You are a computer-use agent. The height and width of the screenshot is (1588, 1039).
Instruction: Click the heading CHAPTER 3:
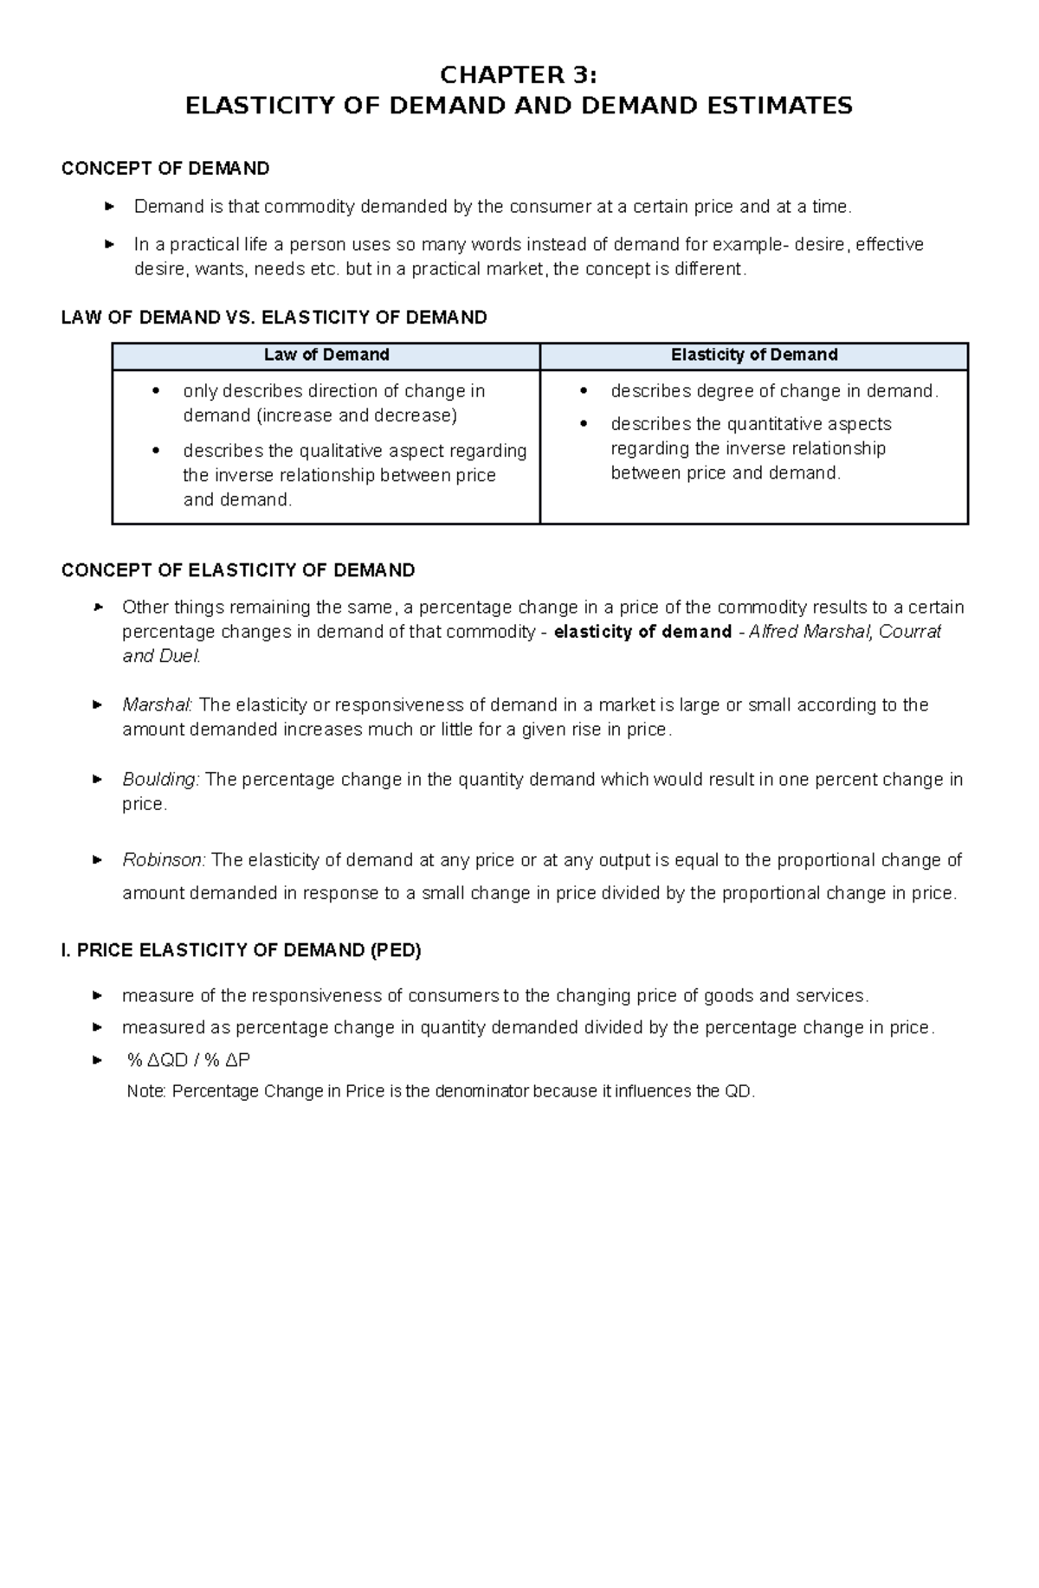click(x=519, y=75)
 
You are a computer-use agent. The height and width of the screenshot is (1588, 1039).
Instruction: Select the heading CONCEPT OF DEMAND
click(x=165, y=168)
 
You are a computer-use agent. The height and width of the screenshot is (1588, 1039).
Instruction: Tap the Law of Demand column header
click(x=326, y=355)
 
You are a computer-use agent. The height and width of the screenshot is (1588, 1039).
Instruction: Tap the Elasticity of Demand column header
click(x=754, y=355)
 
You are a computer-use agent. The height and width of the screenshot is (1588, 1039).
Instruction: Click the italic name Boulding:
click(x=161, y=780)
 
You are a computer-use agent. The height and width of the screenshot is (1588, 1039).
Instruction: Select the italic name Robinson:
click(x=164, y=860)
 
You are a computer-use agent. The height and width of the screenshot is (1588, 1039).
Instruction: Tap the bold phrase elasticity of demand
click(x=642, y=632)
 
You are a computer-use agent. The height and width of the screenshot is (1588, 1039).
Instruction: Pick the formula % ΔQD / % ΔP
click(x=188, y=1060)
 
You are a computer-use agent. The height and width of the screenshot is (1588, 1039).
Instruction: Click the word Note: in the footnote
click(x=145, y=1091)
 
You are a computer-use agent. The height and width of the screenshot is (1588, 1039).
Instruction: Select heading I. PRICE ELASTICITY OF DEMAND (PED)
click(x=241, y=950)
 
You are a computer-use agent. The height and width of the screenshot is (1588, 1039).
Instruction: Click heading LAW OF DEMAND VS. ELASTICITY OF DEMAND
click(x=274, y=318)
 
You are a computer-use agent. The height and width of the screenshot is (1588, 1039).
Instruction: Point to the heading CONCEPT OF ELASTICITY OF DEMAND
click(x=238, y=570)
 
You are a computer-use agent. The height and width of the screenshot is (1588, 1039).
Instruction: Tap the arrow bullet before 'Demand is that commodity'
click(x=109, y=207)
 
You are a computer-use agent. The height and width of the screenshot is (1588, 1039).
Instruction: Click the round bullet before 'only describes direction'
click(x=156, y=391)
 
